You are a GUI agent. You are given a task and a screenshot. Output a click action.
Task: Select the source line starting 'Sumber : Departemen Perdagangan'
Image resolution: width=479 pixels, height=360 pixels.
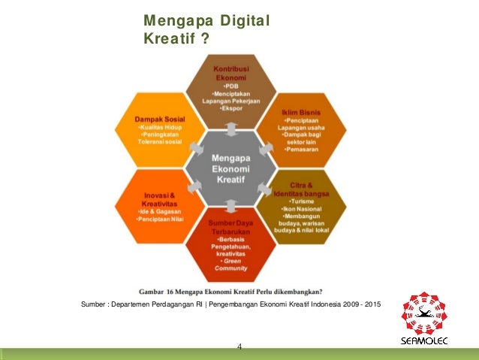click(230, 304)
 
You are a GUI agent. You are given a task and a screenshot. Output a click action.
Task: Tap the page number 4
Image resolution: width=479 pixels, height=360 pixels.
click(239, 346)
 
